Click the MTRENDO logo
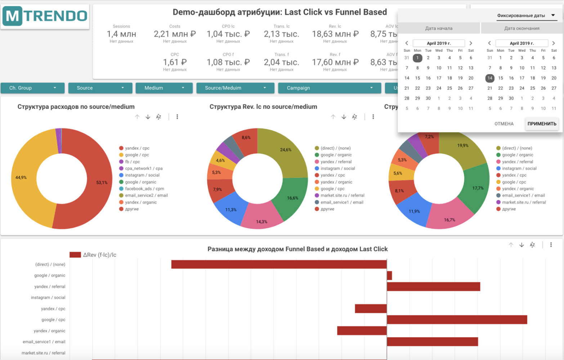45,16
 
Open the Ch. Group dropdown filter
32,88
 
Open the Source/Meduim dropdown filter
235,88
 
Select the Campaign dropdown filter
329,88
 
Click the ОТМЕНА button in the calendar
504,124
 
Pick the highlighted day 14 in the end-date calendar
490,78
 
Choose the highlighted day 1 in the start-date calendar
417,58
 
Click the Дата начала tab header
439,28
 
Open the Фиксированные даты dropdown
525,15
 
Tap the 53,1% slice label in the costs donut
102,183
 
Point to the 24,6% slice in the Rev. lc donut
286,150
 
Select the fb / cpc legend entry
132,162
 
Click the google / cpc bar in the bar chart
457,320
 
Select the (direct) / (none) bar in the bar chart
279,265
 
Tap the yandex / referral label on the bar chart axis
50,287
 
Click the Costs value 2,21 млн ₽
175,34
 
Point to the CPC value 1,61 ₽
175,62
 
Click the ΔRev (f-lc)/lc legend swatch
75,255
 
